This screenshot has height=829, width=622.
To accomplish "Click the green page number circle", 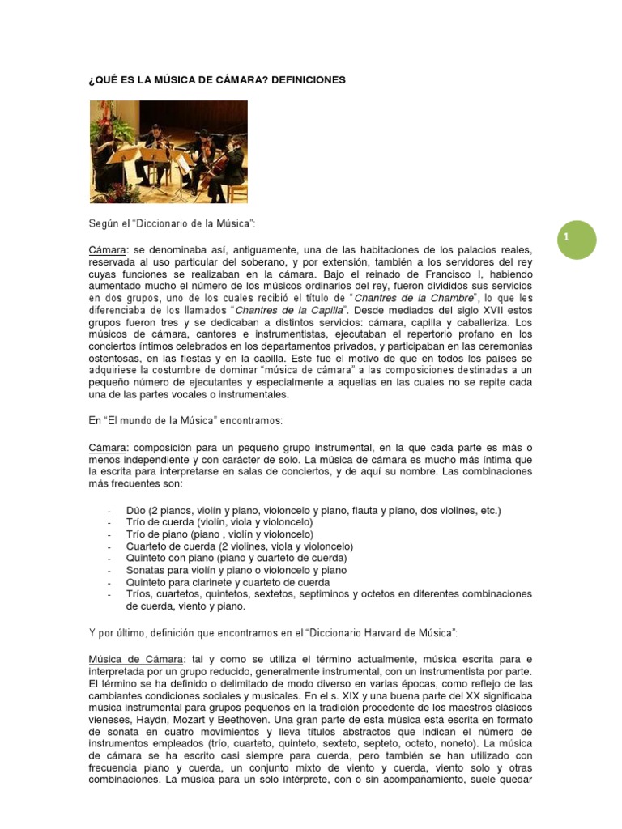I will coord(577,239).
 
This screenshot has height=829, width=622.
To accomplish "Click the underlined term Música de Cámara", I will coord(136,659).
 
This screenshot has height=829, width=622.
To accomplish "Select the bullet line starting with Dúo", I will coord(303,510).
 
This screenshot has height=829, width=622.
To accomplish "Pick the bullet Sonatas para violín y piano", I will coord(236,570).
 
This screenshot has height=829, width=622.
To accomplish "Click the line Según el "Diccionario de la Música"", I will coord(173,222).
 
